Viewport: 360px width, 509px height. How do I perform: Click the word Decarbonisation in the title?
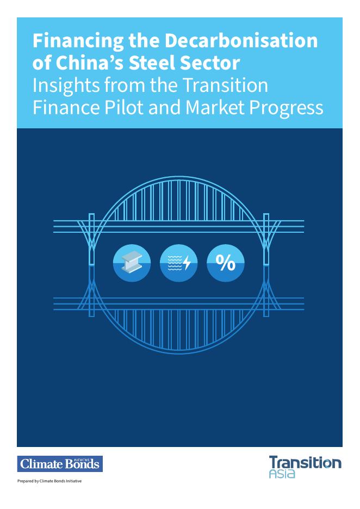pyautogui.click(x=241, y=41)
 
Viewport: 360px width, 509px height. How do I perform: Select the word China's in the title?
pyautogui.click(x=90, y=63)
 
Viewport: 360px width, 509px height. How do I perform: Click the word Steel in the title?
pyautogui.click(x=152, y=63)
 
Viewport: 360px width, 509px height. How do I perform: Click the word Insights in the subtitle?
pyautogui.click(x=66, y=86)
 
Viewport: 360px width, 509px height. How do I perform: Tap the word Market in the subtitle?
pyautogui.click(x=215, y=107)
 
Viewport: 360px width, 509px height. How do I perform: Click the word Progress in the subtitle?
pyautogui.click(x=286, y=108)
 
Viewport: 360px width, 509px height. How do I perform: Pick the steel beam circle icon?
pyautogui.click(x=132, y=263)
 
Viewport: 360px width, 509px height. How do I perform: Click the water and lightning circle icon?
pyautogui.click(x=178, y=263)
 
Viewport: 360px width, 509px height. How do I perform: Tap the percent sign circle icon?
pyautogui.click(x=226, y=263)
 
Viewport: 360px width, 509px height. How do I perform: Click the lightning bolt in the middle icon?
pyautogui.click(x=187, y=263)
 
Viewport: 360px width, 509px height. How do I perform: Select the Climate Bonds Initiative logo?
pyautogui.click(x=60, y=463)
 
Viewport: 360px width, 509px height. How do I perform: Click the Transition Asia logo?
pyautogui.click(x=305, y=467)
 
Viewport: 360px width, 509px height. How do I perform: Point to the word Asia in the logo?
pyautogui.click(x=282, y=474)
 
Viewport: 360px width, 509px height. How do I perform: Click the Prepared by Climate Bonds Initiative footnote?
pyautogui.click(x=49, y=481)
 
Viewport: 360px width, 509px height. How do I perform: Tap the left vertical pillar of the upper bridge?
pyautogui.click(x=91, y=239)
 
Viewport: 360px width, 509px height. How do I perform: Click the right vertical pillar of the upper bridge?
pyautogui.click(x=266, y=239)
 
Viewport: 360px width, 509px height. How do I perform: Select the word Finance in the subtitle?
pyautogui.click(x=66, y=107)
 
